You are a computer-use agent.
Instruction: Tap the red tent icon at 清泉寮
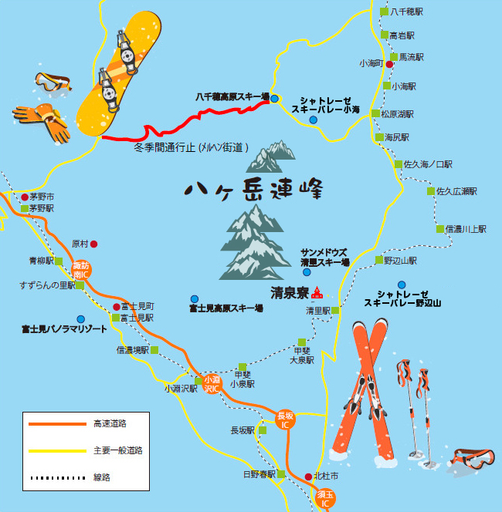317,292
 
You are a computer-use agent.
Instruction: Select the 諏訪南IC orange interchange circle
81,270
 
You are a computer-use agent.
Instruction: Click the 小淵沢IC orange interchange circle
212,383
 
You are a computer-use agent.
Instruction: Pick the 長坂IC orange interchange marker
286,419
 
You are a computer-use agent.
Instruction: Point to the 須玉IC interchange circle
326,497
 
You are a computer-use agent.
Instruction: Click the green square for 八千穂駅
385,12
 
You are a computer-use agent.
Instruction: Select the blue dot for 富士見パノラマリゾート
80,318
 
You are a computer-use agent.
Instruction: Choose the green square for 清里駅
337,311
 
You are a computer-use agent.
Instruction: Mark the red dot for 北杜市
308,477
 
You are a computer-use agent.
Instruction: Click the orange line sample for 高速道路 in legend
56,423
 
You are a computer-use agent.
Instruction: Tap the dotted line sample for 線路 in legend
56,477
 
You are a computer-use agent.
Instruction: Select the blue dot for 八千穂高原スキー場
274,98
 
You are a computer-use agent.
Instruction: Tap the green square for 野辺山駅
378,261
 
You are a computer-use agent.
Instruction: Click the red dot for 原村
94,244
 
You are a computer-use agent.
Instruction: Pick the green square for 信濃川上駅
440,229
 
